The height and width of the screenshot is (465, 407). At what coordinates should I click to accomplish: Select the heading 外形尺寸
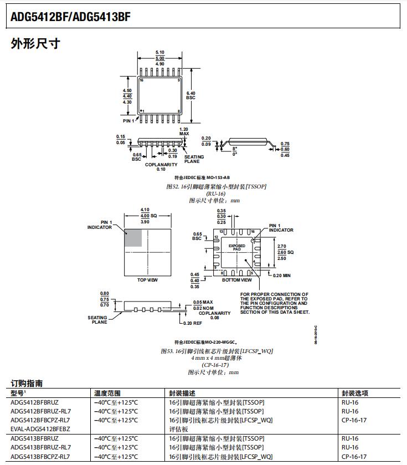[35, 44]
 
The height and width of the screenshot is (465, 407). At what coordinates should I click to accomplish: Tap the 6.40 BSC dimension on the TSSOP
[190, 95]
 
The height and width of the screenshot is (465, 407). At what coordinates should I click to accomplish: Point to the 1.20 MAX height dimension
[184, 131]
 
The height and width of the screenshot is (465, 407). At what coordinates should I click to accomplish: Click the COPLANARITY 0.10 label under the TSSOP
[161, 167]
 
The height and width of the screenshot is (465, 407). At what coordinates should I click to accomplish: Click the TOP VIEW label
[147, 280]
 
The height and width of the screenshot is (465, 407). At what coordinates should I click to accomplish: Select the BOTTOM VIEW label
[236, 280]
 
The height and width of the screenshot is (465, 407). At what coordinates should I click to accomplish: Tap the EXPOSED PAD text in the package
[236, 248]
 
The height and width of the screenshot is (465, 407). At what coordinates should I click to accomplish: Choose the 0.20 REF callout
[193, 323]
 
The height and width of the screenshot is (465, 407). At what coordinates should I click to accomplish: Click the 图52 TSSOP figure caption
[217, 187]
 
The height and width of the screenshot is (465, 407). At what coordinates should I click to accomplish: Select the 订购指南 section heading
[27, 383]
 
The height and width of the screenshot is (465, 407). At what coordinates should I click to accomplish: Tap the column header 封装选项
[354, 393]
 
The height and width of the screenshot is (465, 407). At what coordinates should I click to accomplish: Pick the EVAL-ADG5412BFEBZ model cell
[40, 429]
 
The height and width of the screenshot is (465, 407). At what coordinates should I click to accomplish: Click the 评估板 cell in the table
[178, 429]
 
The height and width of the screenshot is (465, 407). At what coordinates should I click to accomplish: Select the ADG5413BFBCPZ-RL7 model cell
[41, 456]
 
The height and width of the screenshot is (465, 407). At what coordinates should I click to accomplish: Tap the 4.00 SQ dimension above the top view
[148, 215]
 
